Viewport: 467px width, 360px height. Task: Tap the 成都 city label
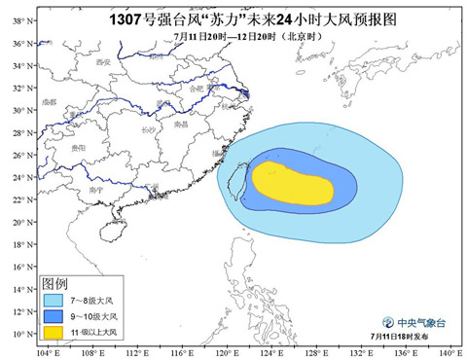point(50,101)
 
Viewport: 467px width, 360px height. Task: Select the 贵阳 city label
point(79,147)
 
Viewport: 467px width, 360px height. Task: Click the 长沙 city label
point(148,129)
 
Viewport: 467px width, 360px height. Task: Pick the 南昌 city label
point(180,125)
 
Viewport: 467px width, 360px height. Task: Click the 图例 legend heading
point(54,283)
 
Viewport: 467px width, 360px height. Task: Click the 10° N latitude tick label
point(18,334)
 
